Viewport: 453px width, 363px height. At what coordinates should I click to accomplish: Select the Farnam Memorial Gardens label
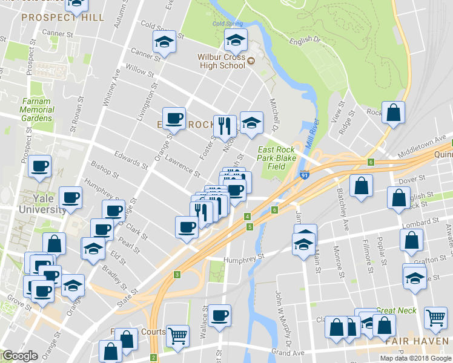coord(36,110)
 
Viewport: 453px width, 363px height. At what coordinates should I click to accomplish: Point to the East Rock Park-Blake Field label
coord(276,158)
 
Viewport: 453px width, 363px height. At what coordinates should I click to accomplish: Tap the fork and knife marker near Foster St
coord(225,125)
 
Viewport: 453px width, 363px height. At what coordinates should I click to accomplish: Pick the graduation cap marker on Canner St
coord(164,42)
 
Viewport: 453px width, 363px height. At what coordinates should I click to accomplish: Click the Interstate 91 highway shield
coord(303,176)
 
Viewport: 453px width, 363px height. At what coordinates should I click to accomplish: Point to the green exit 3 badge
coord(177,275)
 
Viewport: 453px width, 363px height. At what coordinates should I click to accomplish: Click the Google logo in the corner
coord(20,356)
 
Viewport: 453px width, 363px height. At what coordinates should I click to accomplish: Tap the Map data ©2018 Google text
coord(416,358)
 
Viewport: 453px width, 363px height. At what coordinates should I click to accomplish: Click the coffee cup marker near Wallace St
coord(220,315)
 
